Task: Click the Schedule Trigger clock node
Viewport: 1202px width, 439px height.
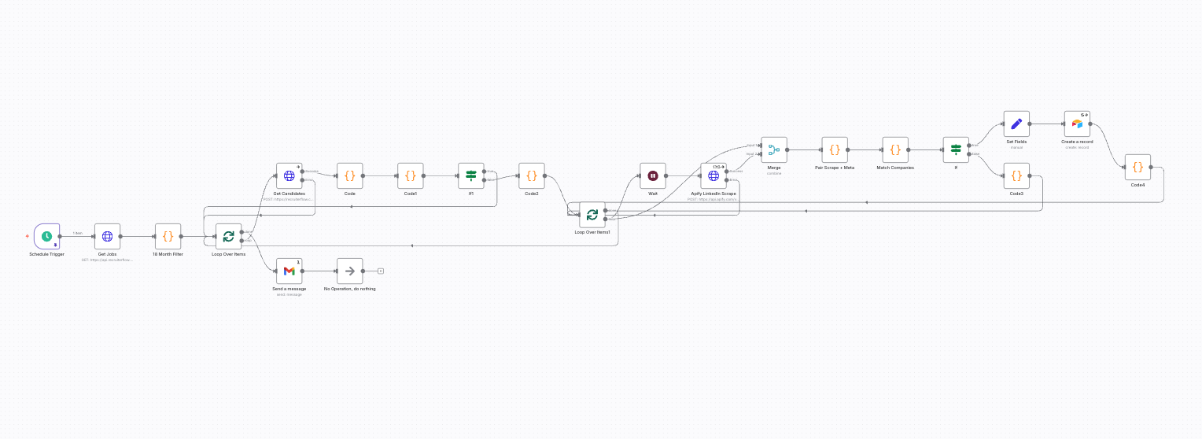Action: [47, 236]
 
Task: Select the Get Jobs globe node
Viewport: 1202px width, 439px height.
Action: [107, 236]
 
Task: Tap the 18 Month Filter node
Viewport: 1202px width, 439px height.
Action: [168, 236]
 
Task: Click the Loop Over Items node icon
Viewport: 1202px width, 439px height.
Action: [228, 236]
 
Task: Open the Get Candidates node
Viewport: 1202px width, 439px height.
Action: [289, 176]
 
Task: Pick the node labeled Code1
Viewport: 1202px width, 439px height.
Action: [410, 176]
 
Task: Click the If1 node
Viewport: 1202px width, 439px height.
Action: [470, 176]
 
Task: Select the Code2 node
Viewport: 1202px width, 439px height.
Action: [531, 176]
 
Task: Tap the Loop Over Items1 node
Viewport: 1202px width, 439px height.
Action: [592, 215]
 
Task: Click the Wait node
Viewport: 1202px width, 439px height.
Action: [652, 176]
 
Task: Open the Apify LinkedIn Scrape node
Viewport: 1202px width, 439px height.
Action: [713, 176]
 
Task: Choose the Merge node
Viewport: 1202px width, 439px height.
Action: [774, 149]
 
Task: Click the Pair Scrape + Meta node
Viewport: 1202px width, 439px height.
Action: [835, 149]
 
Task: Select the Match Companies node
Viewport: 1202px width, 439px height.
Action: [895, 149]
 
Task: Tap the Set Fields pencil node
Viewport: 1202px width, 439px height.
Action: [1016, 124]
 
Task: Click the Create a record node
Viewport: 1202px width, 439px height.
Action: [1077, 124]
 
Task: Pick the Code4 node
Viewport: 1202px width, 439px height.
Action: [1137, 168]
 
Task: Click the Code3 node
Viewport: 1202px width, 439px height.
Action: [1016, 176]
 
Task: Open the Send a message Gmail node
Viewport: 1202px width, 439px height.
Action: [289, 271]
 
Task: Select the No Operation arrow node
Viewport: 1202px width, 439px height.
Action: [349, 271]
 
